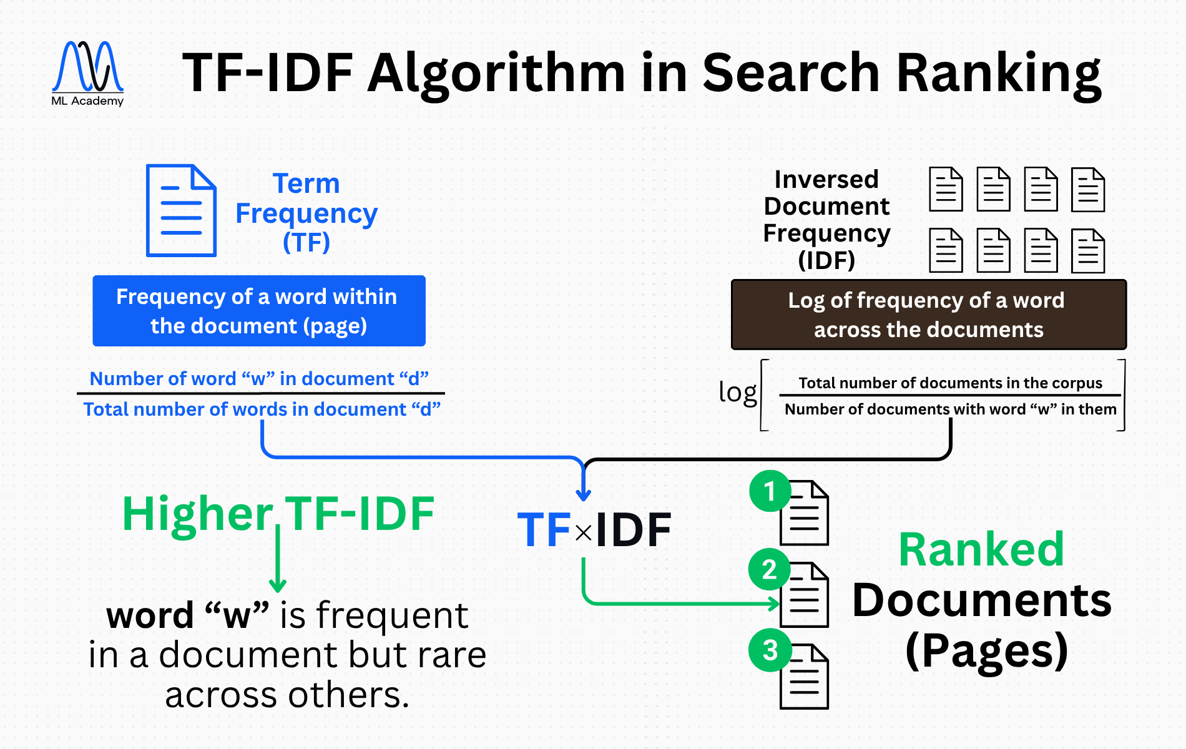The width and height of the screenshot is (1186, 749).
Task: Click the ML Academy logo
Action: click(87, 72)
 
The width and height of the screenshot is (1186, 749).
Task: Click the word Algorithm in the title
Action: click(496, 74)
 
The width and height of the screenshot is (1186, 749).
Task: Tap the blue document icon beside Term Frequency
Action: click(181, 210)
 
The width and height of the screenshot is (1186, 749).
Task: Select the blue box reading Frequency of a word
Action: click(259, 311)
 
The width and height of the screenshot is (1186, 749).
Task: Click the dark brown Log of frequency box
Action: click(928, 315)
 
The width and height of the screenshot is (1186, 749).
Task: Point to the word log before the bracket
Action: click(737, 393)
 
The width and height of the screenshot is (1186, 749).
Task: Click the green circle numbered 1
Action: click(770, 491)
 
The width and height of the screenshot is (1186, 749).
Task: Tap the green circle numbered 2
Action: click(770, 569)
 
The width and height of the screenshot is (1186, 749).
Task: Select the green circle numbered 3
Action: click(770, 650)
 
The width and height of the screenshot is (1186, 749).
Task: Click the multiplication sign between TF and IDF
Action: click(584, 533)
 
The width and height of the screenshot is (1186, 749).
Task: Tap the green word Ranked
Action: click(981, 550)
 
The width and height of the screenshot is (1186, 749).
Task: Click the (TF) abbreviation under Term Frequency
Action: click(306, 242)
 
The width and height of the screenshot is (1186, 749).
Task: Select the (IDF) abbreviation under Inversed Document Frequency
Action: click(826, 260)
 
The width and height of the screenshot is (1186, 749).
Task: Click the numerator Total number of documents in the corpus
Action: click(950, 383)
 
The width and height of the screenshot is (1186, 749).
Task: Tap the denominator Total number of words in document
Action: click(262, 409)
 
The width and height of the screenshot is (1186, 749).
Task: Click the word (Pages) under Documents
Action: click(986, 651)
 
